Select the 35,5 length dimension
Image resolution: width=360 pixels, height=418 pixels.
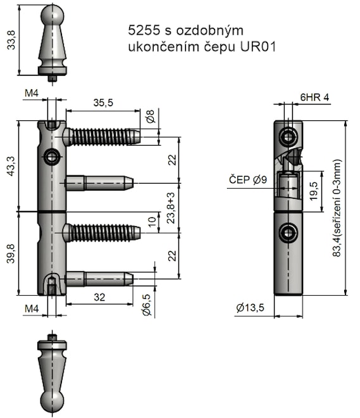click(x=104, y=102)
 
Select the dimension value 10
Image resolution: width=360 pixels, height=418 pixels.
click(x=152, y=221)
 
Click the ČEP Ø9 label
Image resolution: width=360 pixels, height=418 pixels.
click(x=247, y=180)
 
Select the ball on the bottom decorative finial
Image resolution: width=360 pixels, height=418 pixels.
click(x=53, y=401)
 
